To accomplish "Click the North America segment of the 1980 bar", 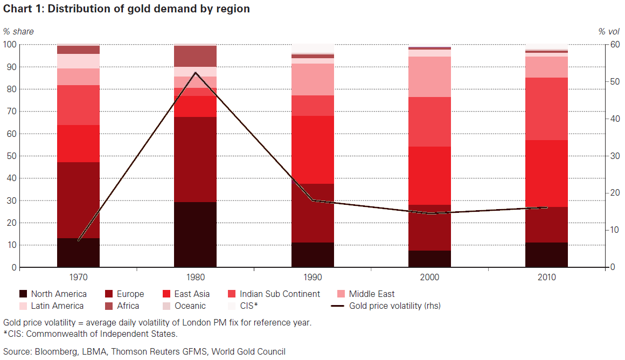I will pos(195,234).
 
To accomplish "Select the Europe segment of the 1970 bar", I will pos(78,200).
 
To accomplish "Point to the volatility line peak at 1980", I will pos(195,73).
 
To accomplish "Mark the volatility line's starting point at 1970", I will pos(79,240).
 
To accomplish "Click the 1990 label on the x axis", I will pos(313,277).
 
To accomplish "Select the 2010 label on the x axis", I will pos(547,277).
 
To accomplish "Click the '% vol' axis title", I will pos(609,31).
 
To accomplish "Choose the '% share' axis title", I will pos(18,31).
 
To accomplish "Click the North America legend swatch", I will pos(23,294).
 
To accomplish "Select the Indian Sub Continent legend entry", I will pos(280,294).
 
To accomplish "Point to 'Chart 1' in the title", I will pos(22,9).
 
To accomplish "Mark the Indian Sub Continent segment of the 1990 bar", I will pos(313,106).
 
